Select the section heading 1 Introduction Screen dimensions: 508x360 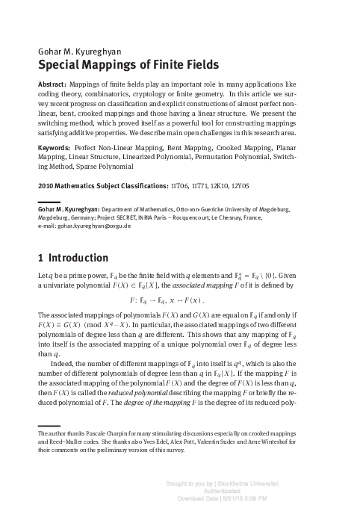coord(72,259)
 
